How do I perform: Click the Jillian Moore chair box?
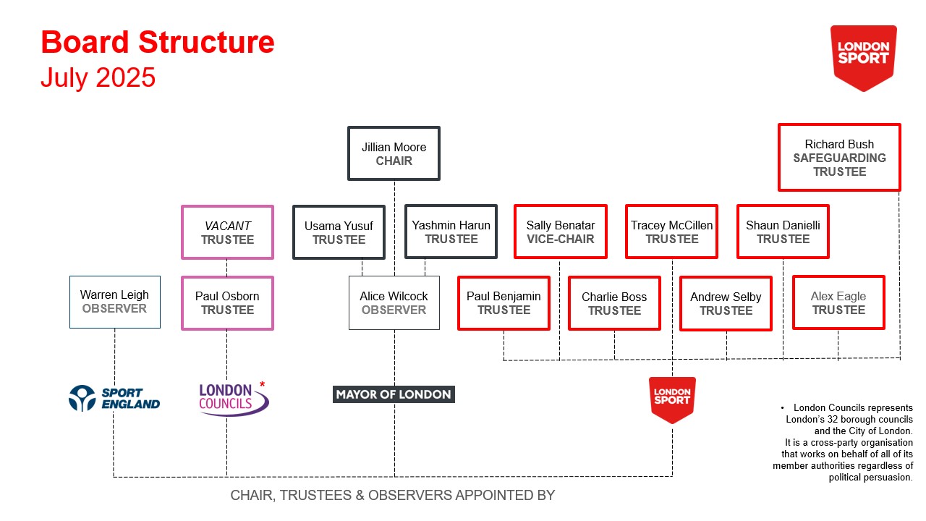(x=394, y=153)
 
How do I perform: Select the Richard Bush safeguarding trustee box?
(x=839, y=157)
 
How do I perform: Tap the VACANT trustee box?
(x=227, y=232)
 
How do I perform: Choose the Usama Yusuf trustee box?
(x=339, y=232)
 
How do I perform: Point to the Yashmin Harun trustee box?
(x=451, y=232)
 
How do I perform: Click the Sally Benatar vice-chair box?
(x=561, y=232)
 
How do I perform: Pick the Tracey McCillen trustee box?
(x=672, y=232)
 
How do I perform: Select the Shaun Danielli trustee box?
(x=783, y=232)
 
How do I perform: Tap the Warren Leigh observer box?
(x=115, y=302)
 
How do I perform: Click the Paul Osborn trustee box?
(x=227, y=303)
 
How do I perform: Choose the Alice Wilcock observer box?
(x=394, y=303)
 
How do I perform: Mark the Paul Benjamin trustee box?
(x=504, y=303)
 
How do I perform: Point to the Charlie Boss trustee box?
(x=614, y=303)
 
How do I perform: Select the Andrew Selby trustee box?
(x=726, y=303)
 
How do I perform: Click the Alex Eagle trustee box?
(x=838, y=302)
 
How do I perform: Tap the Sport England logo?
(x=114, y=398)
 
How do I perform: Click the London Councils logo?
(x=234, y=399)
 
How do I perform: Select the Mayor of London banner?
(x=394, y=394)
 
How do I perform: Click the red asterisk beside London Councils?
(x=262, y=384)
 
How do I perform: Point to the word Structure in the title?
(x=206, y=42)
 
